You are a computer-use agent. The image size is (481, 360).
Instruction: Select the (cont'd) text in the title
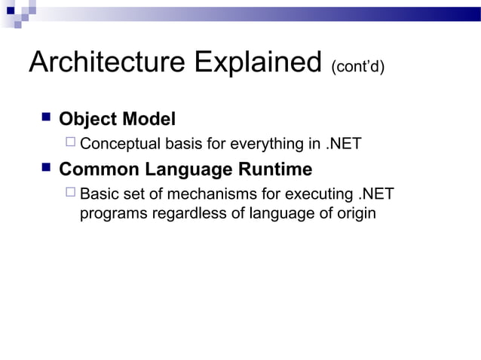click(x=357, y=68)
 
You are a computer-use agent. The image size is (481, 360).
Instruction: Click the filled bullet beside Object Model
click(x=44, y=117)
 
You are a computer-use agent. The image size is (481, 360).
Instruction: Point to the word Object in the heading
click(x=87, y=119)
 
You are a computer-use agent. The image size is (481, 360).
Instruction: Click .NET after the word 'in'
click(x=343, y=143)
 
